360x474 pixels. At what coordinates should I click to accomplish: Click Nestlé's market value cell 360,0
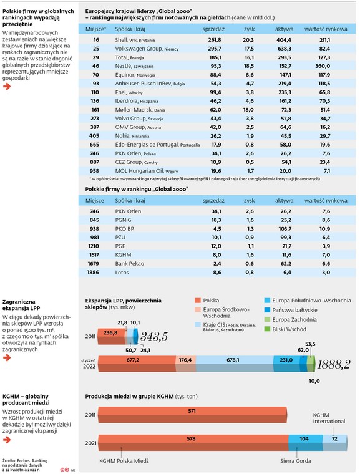[323, 66]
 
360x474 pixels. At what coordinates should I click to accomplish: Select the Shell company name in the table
[121, 39]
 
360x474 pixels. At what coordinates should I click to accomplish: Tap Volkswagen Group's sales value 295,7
[215, 49]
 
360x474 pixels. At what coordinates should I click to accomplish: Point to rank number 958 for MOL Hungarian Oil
[94, 170]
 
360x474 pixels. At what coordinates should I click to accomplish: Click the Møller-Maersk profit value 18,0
[248, 109]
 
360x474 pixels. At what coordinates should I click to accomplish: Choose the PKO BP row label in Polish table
[125, 228]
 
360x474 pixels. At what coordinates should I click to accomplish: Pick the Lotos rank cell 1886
[93, 272]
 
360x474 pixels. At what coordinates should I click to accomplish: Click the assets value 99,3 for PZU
[286, 237]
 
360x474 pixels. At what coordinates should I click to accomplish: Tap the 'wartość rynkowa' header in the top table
[326, 29]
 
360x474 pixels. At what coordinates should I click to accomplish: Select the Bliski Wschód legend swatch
[267, 329]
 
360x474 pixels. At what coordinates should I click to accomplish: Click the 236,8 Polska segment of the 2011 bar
[111, 336]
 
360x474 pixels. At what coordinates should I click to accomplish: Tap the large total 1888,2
[334, 365]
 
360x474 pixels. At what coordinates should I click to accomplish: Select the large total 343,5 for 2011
[154, 336]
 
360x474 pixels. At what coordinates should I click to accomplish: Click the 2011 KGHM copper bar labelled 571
[192, 415]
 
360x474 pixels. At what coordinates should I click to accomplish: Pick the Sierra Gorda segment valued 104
[305, 443]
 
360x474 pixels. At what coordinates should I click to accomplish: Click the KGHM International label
[329, 418]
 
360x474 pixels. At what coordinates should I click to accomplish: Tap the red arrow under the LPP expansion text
[7, 357]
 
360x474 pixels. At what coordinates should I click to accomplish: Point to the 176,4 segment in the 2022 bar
[185, 364]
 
